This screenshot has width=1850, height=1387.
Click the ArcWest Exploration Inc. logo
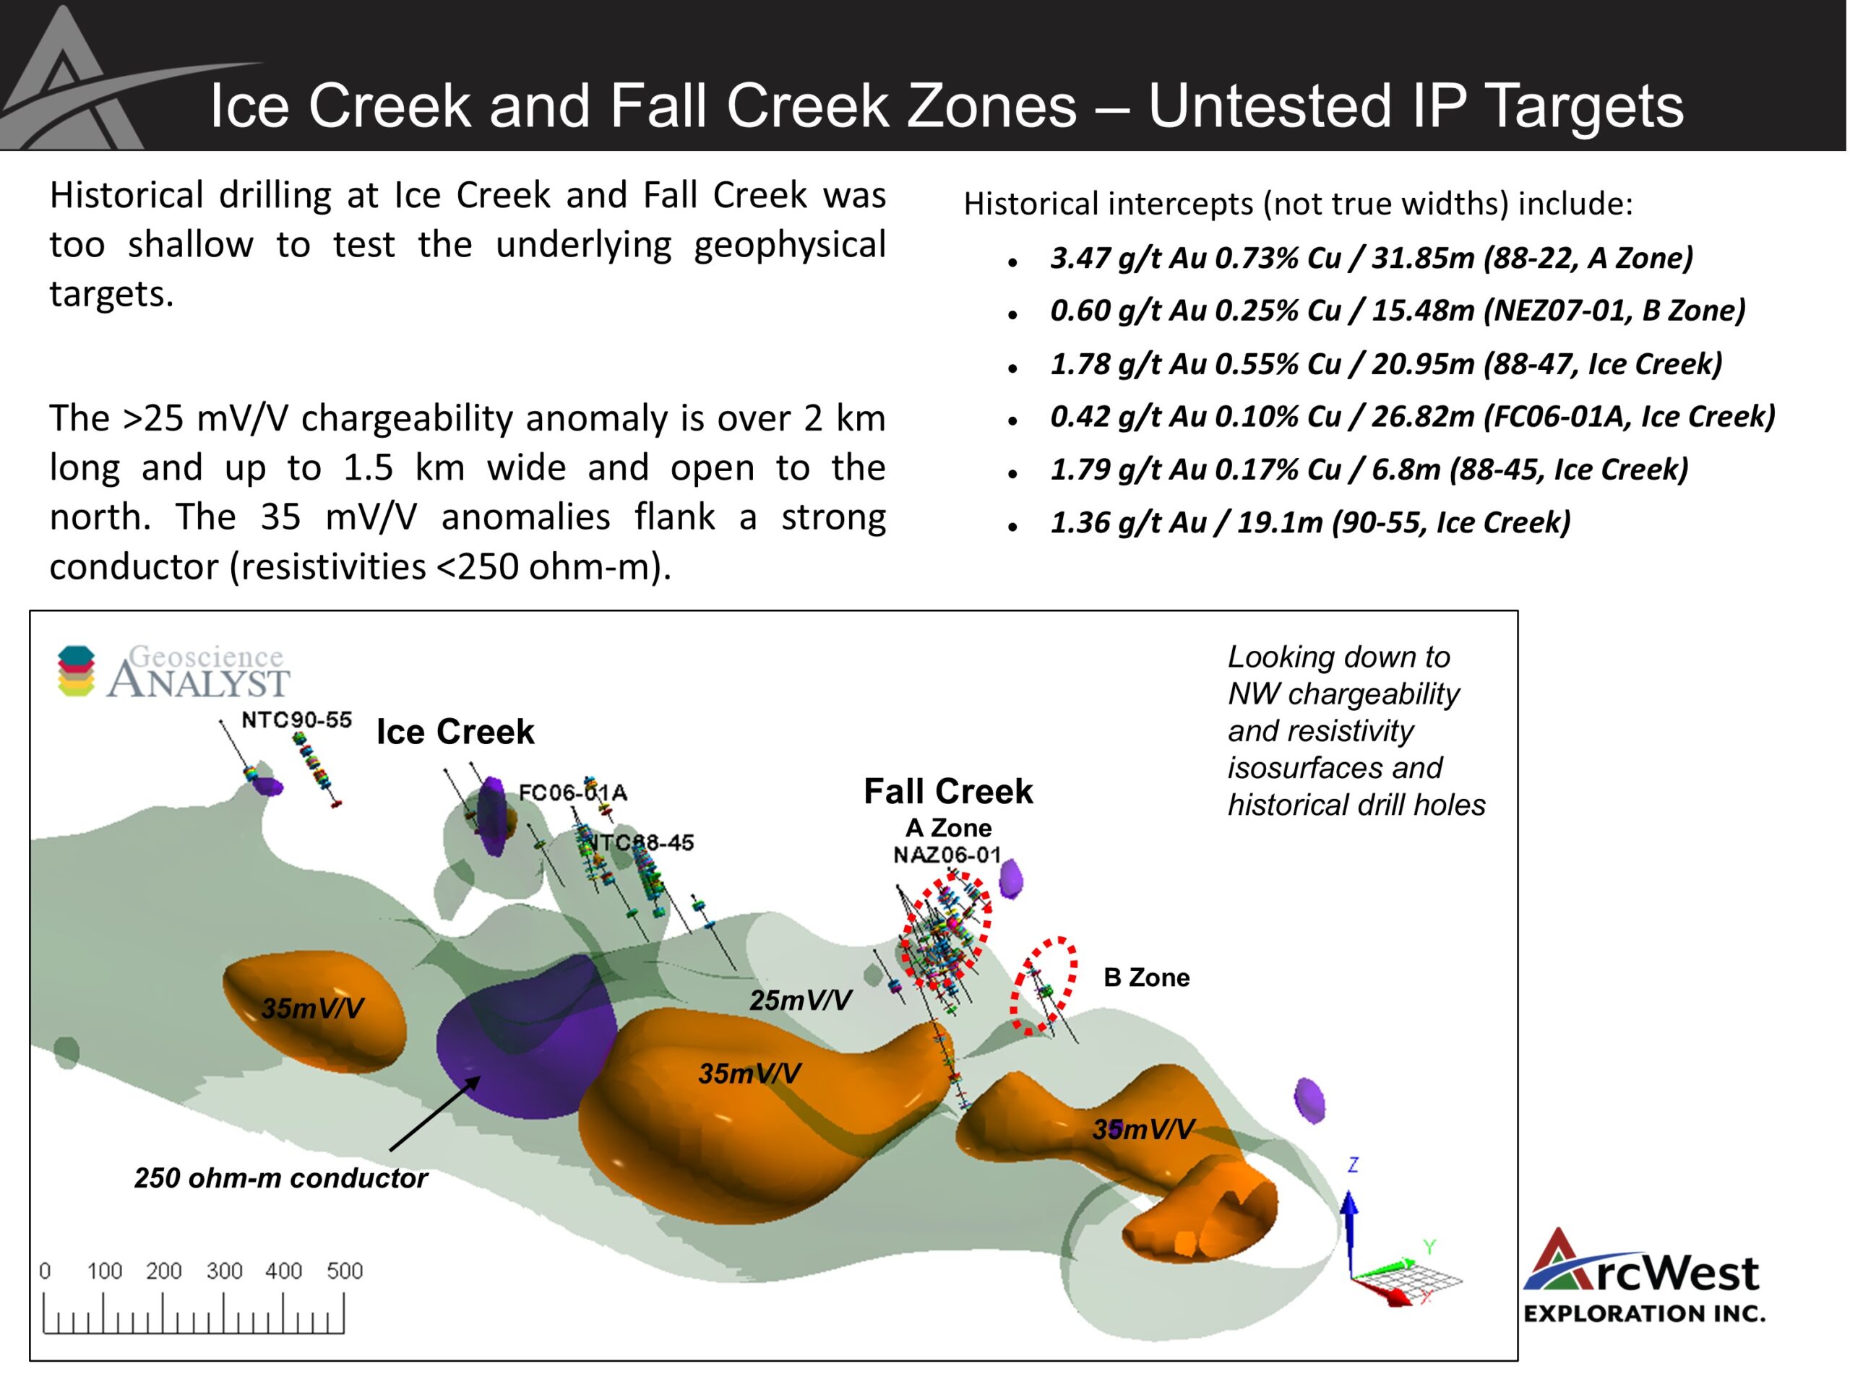(x=1643, y=1276)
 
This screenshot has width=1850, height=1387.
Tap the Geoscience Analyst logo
(x=173, y=670)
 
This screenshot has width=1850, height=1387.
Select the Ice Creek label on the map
(x=455, y=732)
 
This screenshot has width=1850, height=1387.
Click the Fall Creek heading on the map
(x=947, y=791)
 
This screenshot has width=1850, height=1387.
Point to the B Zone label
(x=1146, y=977)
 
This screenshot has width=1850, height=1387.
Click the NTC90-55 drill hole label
(x=296, y=720)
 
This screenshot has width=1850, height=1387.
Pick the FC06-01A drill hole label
(x=573, y=792)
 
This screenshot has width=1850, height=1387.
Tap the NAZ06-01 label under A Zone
(x=947, y=855)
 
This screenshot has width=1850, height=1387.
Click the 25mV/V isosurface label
(x=801, y=1000)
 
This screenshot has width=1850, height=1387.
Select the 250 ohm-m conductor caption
(x=281, y=1178)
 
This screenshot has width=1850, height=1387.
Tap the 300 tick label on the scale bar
(x=224, y=1271)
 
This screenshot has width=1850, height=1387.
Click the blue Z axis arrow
(x=1349, y=1232)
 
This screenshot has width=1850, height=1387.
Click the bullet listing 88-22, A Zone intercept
(x=1372, y=257)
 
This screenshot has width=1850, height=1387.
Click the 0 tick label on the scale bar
(x=45, y=1271)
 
